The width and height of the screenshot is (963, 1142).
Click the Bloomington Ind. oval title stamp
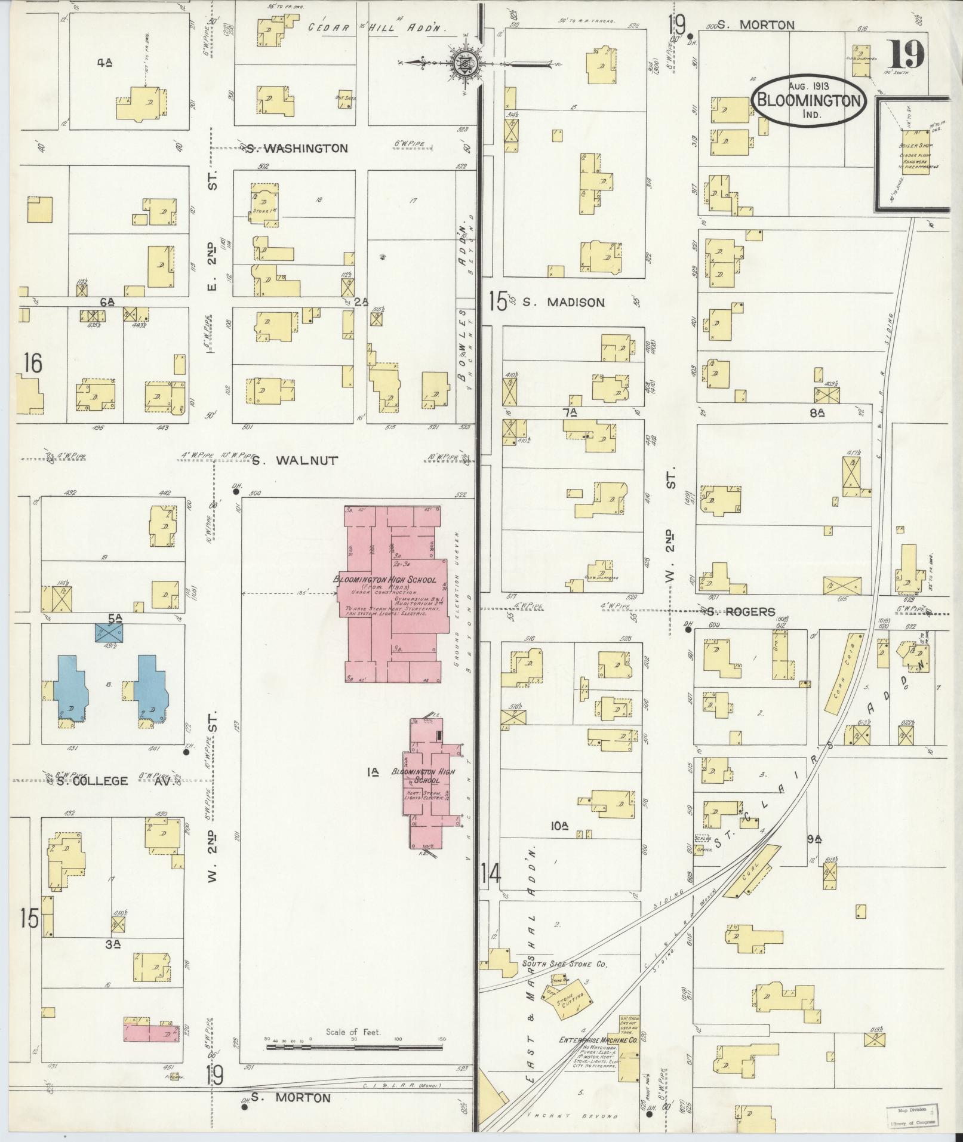pos(809,100)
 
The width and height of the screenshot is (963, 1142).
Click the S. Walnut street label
pos(294,460)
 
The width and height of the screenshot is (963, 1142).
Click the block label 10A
pos(559,826)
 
